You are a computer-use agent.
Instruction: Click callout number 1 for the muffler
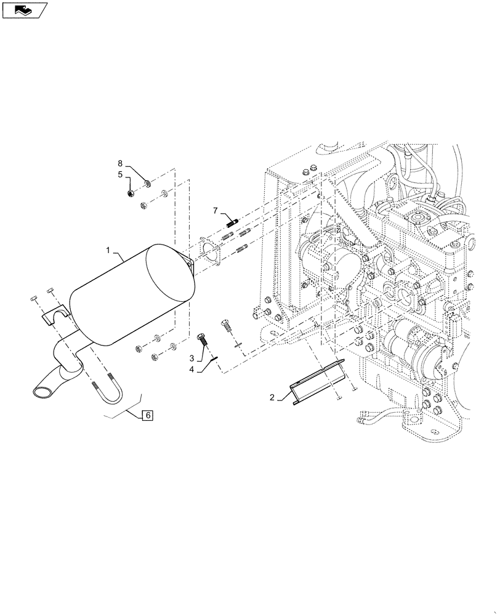point(108,251)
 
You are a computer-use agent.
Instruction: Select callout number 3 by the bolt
point(192,358)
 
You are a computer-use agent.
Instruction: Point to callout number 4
point(192,369)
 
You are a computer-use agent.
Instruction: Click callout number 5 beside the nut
point(121,174)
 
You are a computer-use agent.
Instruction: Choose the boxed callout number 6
point(148,415)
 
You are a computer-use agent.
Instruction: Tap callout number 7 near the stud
point(216,211)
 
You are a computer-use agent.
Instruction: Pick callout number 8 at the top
point(121,163)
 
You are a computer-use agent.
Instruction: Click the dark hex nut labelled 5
point(131,193)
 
